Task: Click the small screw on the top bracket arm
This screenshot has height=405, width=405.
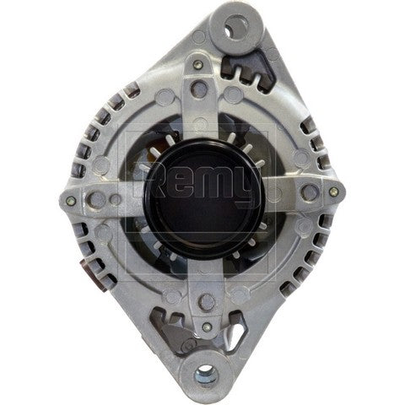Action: tap(197, 64)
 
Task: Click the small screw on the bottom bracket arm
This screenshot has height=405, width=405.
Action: tap(206, 326)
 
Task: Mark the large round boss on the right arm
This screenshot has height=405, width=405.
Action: tap(309, 192)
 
